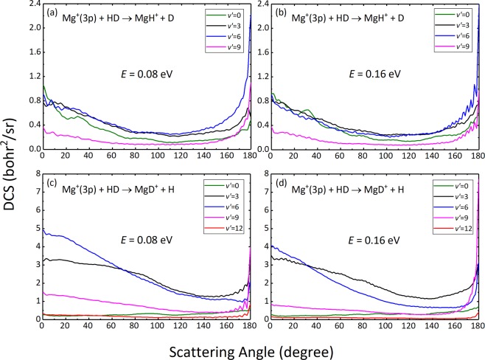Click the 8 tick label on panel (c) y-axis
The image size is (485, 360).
click(x=35, y=174)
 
